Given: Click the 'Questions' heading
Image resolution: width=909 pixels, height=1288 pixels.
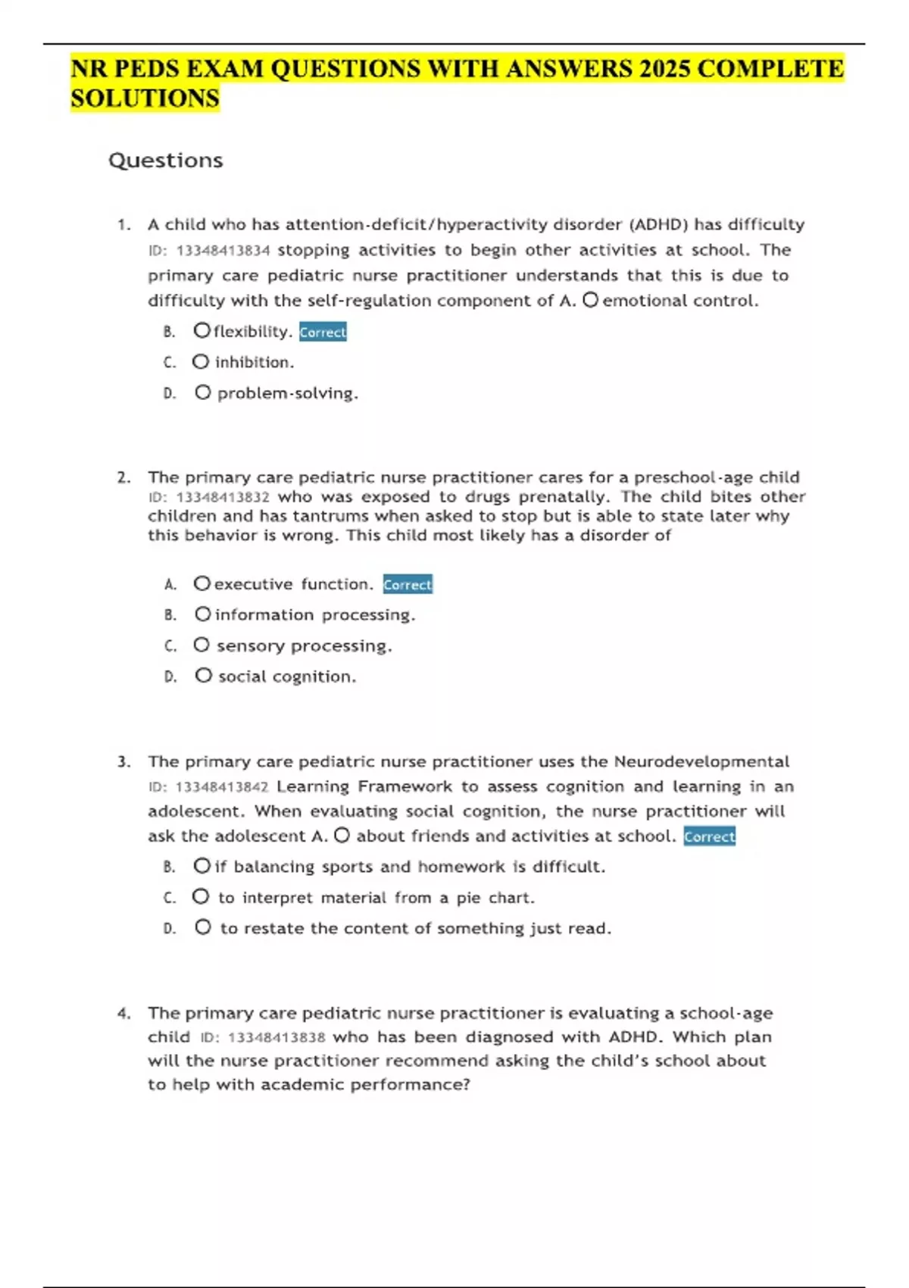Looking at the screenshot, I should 165,161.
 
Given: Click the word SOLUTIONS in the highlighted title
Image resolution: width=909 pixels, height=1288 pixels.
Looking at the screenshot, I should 145,98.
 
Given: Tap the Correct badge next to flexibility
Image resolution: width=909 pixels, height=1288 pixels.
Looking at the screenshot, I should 323,332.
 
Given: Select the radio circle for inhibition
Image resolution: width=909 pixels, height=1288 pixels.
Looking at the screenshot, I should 200,362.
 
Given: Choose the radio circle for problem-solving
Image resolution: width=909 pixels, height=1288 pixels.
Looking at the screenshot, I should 202,392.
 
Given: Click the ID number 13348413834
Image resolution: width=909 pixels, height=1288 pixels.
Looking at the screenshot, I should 223,251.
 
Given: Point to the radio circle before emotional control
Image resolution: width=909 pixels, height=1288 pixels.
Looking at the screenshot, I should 590,301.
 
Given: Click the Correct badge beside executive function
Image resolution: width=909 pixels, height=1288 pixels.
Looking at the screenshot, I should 408,584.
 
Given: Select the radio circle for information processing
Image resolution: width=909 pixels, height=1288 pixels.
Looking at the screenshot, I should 202,614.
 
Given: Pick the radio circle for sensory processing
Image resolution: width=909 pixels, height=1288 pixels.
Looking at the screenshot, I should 201,645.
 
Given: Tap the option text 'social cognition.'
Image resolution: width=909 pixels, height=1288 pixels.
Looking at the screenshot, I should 287,677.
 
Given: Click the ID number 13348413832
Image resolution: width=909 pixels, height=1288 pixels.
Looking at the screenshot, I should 223,498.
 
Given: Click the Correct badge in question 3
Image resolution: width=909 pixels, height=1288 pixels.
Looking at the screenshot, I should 709,836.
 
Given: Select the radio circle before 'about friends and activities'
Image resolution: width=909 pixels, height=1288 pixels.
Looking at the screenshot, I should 342,836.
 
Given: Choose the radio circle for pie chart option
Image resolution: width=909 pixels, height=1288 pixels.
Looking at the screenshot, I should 200,897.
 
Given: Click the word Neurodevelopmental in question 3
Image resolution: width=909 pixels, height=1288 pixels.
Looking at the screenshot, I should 701,761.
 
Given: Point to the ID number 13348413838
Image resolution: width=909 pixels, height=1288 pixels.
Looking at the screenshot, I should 276,1037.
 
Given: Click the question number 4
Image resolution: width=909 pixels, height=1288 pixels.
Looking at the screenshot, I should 123,1014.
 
